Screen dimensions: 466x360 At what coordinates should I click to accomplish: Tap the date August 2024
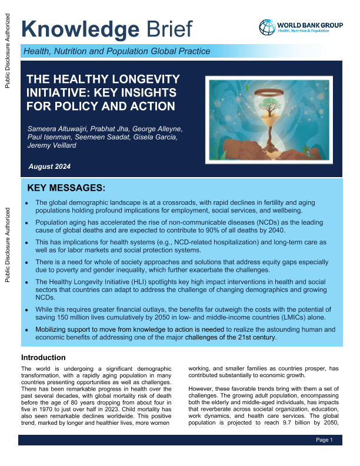click(50, 167)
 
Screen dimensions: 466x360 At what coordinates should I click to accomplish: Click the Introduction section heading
click(44, 358)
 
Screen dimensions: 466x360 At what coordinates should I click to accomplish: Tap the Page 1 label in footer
click(324, 440)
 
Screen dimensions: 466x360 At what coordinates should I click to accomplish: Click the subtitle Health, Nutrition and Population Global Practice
click(116, 51)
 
